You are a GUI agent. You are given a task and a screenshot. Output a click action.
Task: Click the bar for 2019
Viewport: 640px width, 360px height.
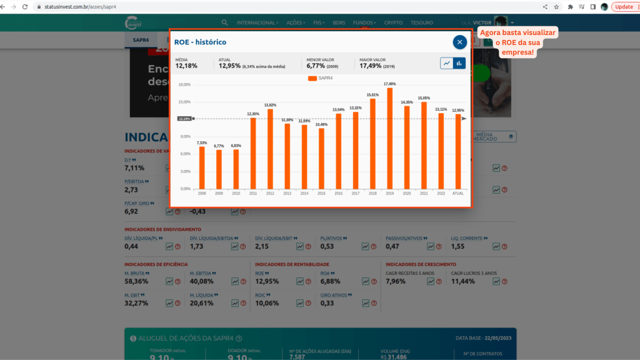coord(390,138)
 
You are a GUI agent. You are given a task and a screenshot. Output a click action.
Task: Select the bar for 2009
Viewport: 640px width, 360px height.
coord(219,169)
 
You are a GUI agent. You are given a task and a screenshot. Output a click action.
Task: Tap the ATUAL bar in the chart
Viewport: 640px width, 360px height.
coord(458,151)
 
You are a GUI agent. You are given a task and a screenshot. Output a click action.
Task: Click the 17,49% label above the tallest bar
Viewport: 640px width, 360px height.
coord(390,84)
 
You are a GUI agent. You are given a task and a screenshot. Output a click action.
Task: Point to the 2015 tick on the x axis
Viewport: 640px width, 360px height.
coord(321,193)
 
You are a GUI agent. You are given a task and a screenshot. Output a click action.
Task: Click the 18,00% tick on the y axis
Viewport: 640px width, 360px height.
coord(185,84)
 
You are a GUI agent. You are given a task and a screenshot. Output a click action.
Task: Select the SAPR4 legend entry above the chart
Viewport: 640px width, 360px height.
coord(321,78)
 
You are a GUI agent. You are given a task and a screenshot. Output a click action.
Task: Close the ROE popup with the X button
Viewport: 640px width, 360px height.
coord(460,42)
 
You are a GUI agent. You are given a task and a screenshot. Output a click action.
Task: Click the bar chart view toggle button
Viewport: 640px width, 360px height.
coord(459,63)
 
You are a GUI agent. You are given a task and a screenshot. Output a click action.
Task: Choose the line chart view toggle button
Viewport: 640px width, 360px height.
coord(446,63)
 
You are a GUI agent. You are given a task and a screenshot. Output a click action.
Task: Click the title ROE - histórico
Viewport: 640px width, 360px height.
coord(200,42)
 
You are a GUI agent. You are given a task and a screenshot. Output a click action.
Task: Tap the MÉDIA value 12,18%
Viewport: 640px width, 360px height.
coord(186,66)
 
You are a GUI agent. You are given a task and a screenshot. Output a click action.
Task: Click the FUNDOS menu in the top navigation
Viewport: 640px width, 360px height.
coord(364,22)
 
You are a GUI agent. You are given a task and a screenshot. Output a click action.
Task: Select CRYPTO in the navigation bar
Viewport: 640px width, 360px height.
coord(393,22)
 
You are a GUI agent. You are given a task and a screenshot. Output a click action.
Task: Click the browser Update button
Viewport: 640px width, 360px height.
coord(623,6)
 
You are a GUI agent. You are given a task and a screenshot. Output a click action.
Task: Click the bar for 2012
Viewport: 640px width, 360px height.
coord(270,149)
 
